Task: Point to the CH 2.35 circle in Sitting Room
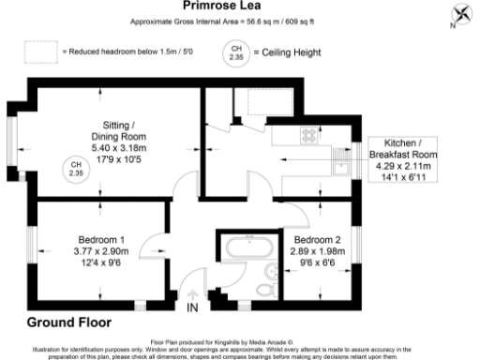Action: (75, 170)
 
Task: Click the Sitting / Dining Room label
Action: (125, 130)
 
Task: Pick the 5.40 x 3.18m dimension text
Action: (125, 147)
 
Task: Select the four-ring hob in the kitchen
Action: (309, 133)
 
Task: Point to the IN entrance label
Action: (192, 307)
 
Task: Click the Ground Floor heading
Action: (68, 323)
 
